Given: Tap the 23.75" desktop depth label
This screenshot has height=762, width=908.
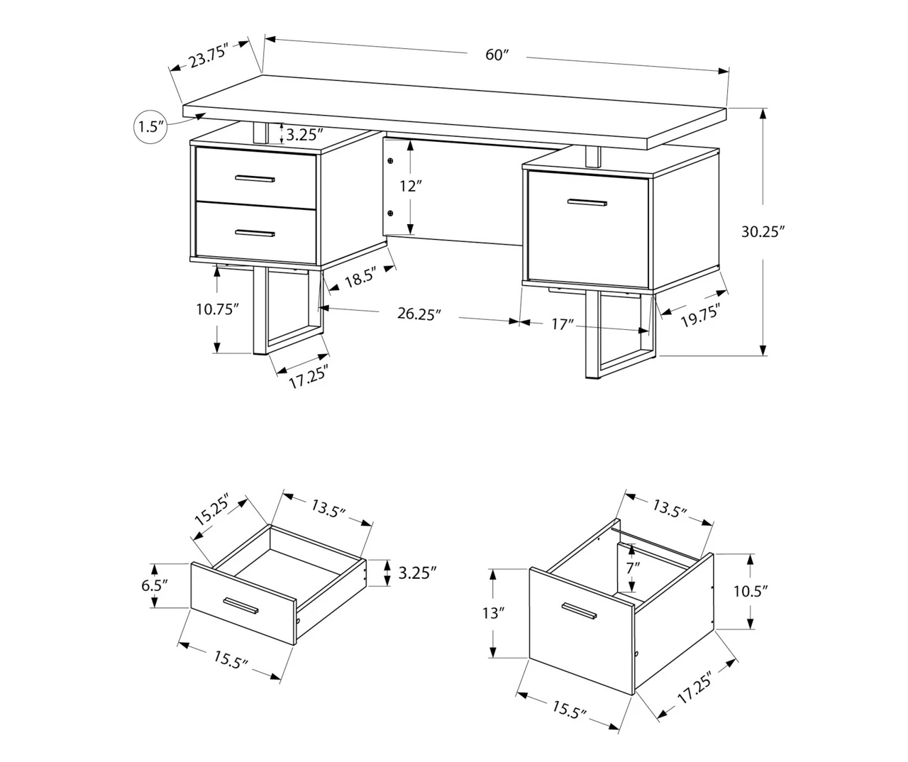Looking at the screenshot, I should click(x=207, y=56).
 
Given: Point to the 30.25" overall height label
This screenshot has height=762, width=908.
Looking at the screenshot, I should click(x=763, y=231).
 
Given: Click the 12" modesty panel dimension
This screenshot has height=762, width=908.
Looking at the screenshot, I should click(x=410, y=187).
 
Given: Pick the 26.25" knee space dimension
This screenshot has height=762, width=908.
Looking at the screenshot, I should click(x=419, y=314).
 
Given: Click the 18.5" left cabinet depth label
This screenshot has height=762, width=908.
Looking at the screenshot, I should click(x=360, y=279).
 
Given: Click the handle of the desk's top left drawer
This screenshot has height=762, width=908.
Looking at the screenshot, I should click(x=255, y=178).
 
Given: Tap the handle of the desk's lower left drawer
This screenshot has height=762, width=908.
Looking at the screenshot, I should click(x=255, y=233).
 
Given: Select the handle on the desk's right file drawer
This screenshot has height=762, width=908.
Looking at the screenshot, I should click(x=587, y=203).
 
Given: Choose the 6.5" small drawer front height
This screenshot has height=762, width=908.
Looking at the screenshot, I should click(x=154, y=585).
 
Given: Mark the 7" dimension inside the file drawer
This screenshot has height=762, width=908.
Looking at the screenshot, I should click(x=632, y=567).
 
